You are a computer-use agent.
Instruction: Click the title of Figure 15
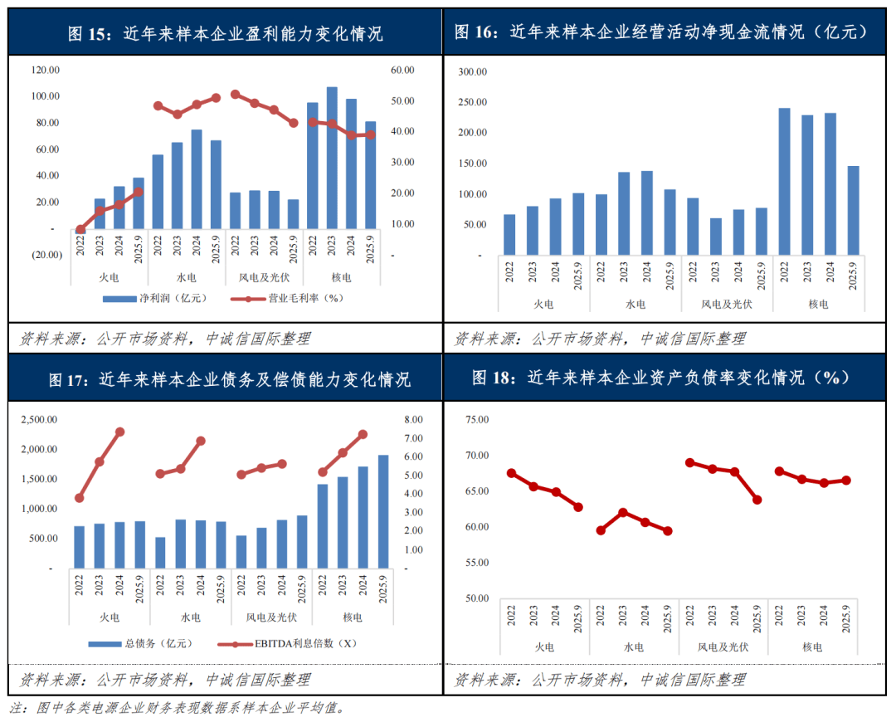(x=225, y=34)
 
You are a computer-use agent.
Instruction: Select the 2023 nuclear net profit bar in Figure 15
(x=332, y=158)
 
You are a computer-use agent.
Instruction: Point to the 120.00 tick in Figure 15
(x=46, y=71)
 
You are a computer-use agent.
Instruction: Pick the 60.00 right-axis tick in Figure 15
(x=402, y=71)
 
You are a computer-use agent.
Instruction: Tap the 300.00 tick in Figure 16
(x=472, y=72)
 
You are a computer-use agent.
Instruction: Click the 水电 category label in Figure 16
(x=635, y=305)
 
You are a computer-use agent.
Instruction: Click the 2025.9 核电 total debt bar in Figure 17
(x=383, y=511)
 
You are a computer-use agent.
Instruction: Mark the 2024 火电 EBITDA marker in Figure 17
(x=119, y=432)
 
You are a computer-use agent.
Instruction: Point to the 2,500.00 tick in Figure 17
(x=39, y=420)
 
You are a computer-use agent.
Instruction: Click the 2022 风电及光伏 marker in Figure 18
(x=689, y=462)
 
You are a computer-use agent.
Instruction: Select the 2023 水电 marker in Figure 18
(x=623, y=513)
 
